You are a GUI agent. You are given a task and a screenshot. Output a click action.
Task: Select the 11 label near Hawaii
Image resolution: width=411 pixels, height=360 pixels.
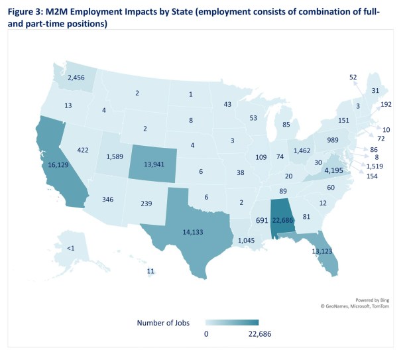point(151,271)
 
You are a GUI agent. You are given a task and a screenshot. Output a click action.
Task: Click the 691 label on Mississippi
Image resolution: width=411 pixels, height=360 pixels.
point(263,219)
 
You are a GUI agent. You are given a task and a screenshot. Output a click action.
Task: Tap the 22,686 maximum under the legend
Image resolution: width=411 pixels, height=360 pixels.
point(257,334)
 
